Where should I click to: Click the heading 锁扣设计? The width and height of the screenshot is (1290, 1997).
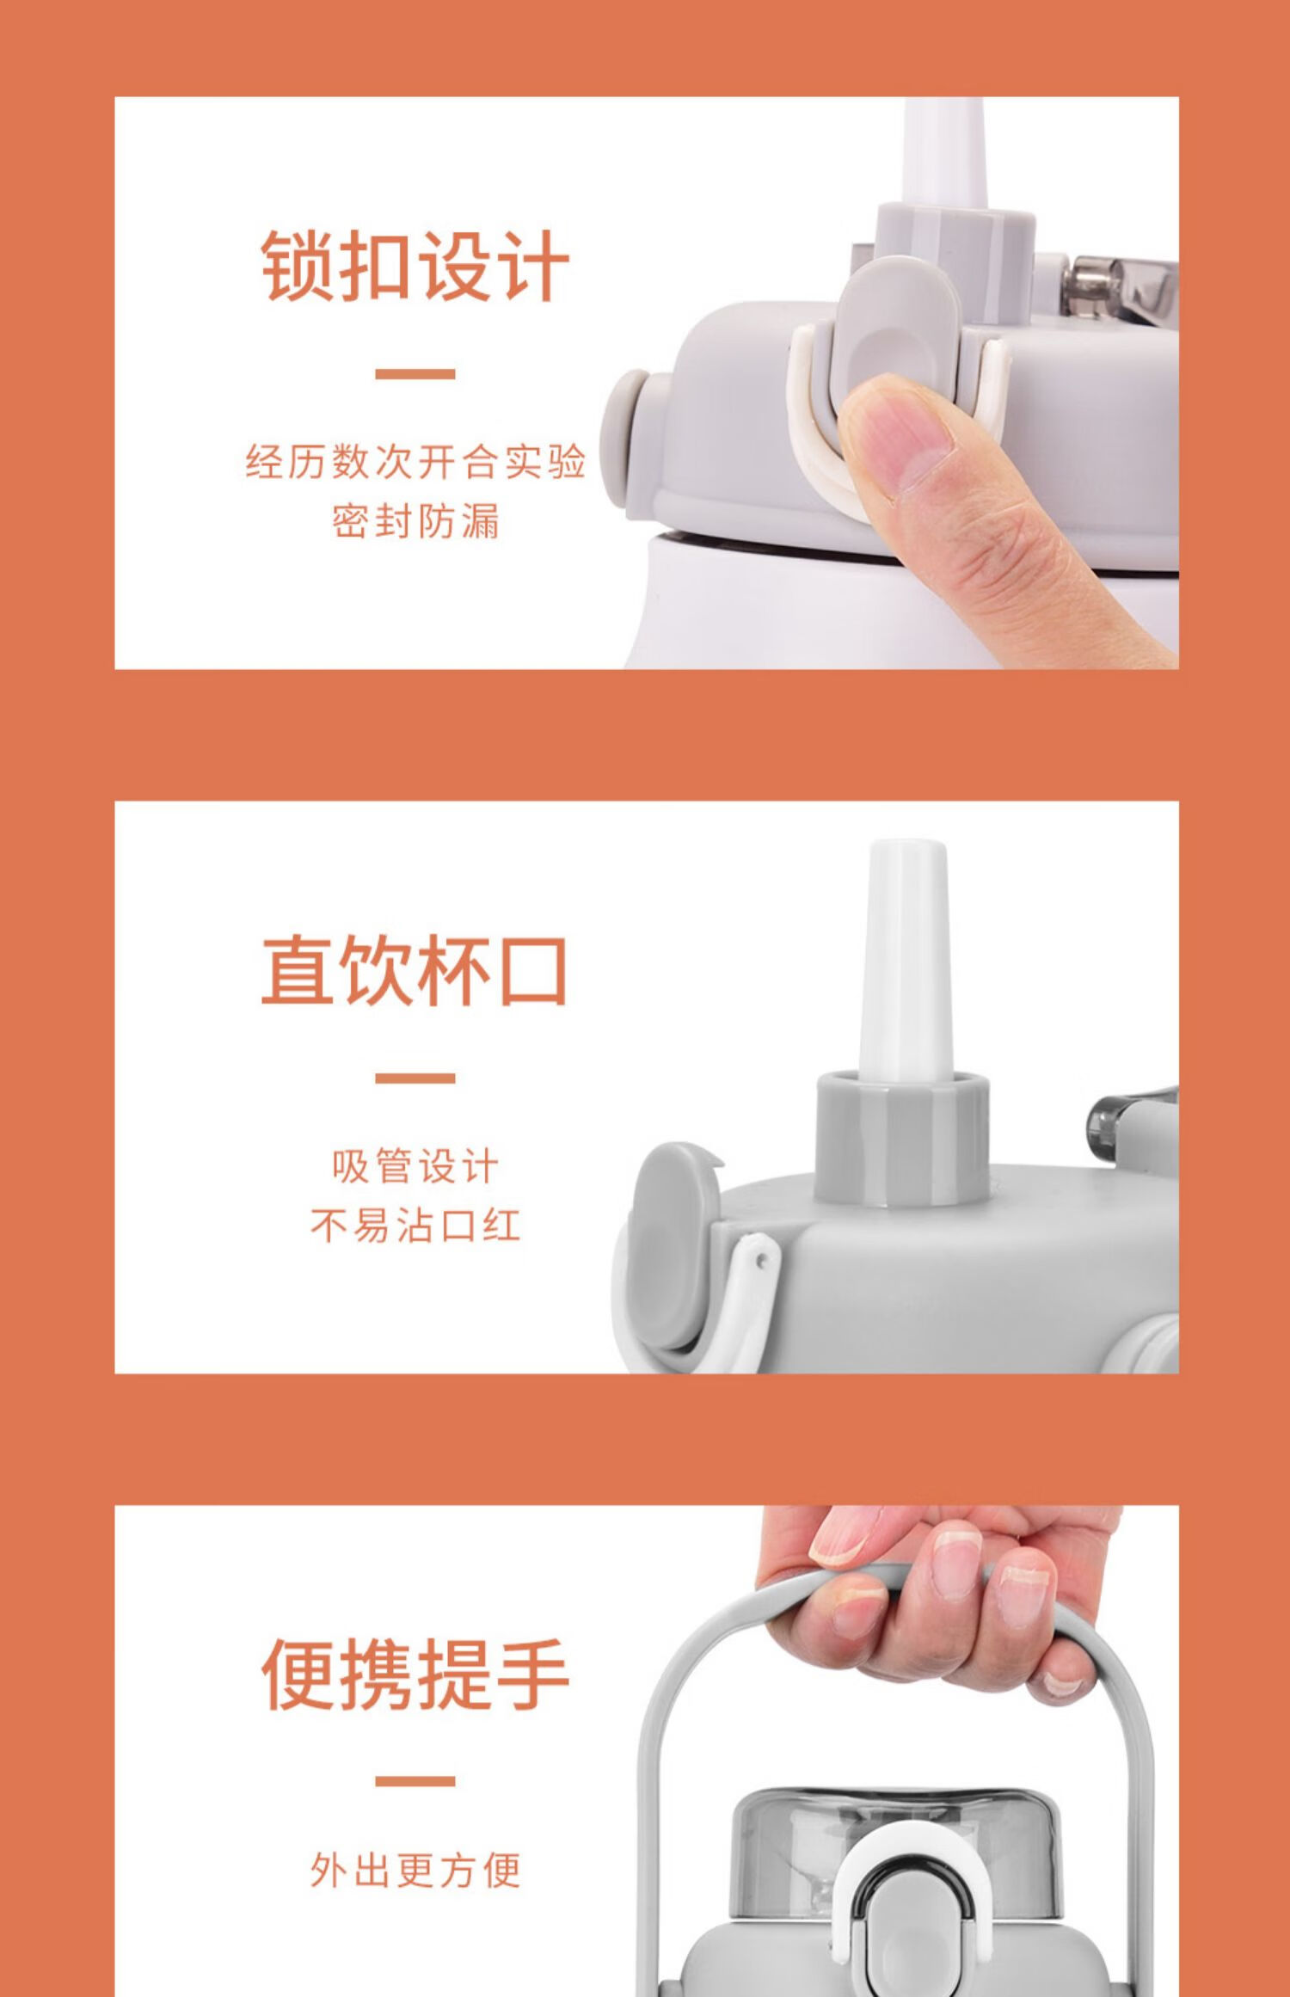click(x=415, y=266)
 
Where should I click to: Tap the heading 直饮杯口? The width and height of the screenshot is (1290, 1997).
click(x=415, y=970)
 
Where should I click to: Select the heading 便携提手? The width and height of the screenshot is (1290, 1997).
click(x=415, y=1674)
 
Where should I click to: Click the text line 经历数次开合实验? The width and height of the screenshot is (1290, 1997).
click(x=415, y=462)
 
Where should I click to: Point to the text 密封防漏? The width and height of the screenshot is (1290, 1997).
click(x=415, y=521)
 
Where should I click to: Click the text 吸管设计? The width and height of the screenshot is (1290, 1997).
click(x=415, y=1166)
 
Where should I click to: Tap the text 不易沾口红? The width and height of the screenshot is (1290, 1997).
click(x=415, y=1226)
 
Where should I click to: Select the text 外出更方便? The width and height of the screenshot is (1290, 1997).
click(x=415, y=1871)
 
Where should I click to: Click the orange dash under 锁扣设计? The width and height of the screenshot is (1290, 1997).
click(x=415, y=374)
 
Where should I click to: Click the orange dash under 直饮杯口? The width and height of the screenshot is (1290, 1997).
click(x=415, y=1078)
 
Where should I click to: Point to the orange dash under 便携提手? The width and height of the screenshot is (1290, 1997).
click(x=415, y=1782)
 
